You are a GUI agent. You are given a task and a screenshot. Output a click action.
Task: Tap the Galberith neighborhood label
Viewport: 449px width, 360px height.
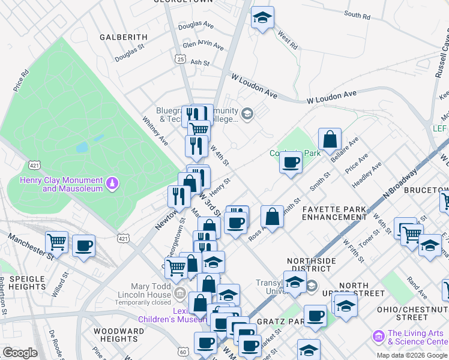point(124,37)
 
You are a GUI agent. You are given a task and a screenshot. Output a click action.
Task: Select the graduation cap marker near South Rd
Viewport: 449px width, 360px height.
point(262,18)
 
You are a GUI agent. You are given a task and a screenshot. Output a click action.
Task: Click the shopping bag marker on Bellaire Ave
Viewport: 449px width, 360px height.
point(330,140)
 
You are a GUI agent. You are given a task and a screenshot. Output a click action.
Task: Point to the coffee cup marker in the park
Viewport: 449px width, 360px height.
point(291,162)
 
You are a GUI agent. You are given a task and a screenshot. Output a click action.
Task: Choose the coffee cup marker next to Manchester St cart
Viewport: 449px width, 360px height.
point(83,245)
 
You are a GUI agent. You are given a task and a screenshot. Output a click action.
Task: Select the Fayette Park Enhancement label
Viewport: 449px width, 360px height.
point(334,212)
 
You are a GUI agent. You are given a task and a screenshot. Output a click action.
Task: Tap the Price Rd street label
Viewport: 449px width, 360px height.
point(21,81)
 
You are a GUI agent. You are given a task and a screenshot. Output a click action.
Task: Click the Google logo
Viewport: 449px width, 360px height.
point(20,352)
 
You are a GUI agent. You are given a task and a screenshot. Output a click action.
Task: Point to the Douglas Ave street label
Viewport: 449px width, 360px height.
point(196,25)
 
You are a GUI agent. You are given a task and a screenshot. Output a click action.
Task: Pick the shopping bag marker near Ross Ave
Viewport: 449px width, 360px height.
point(272,217)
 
